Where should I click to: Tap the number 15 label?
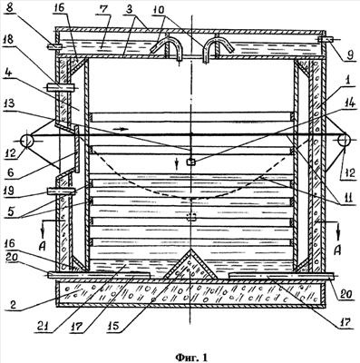[x=113, y=326]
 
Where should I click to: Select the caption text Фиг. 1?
[x=191, y=358]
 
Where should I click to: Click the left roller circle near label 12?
[x=27, y=141]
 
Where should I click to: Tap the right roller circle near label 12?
[x=344, y=141]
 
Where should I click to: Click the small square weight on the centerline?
[x=190, y=162]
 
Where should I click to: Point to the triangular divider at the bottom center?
[x=190, y=265]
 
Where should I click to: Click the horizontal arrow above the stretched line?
[x=119, y=129]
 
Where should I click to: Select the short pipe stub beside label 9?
[x=326, y=39]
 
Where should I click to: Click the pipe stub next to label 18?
[x=61, y=87]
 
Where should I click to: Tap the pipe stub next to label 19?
[x=61, y=191]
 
